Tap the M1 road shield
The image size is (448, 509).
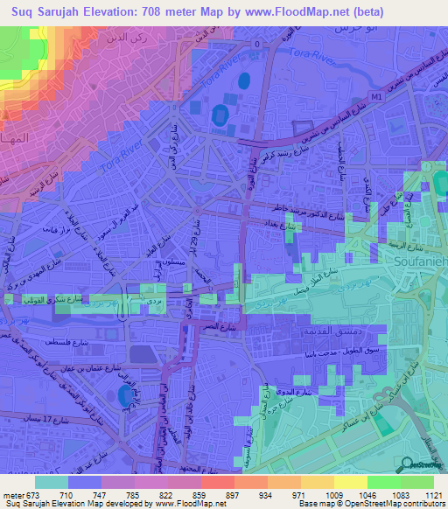(377, 96)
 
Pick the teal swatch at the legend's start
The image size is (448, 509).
(52, 481)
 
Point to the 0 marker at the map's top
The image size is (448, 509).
(257, 43)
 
